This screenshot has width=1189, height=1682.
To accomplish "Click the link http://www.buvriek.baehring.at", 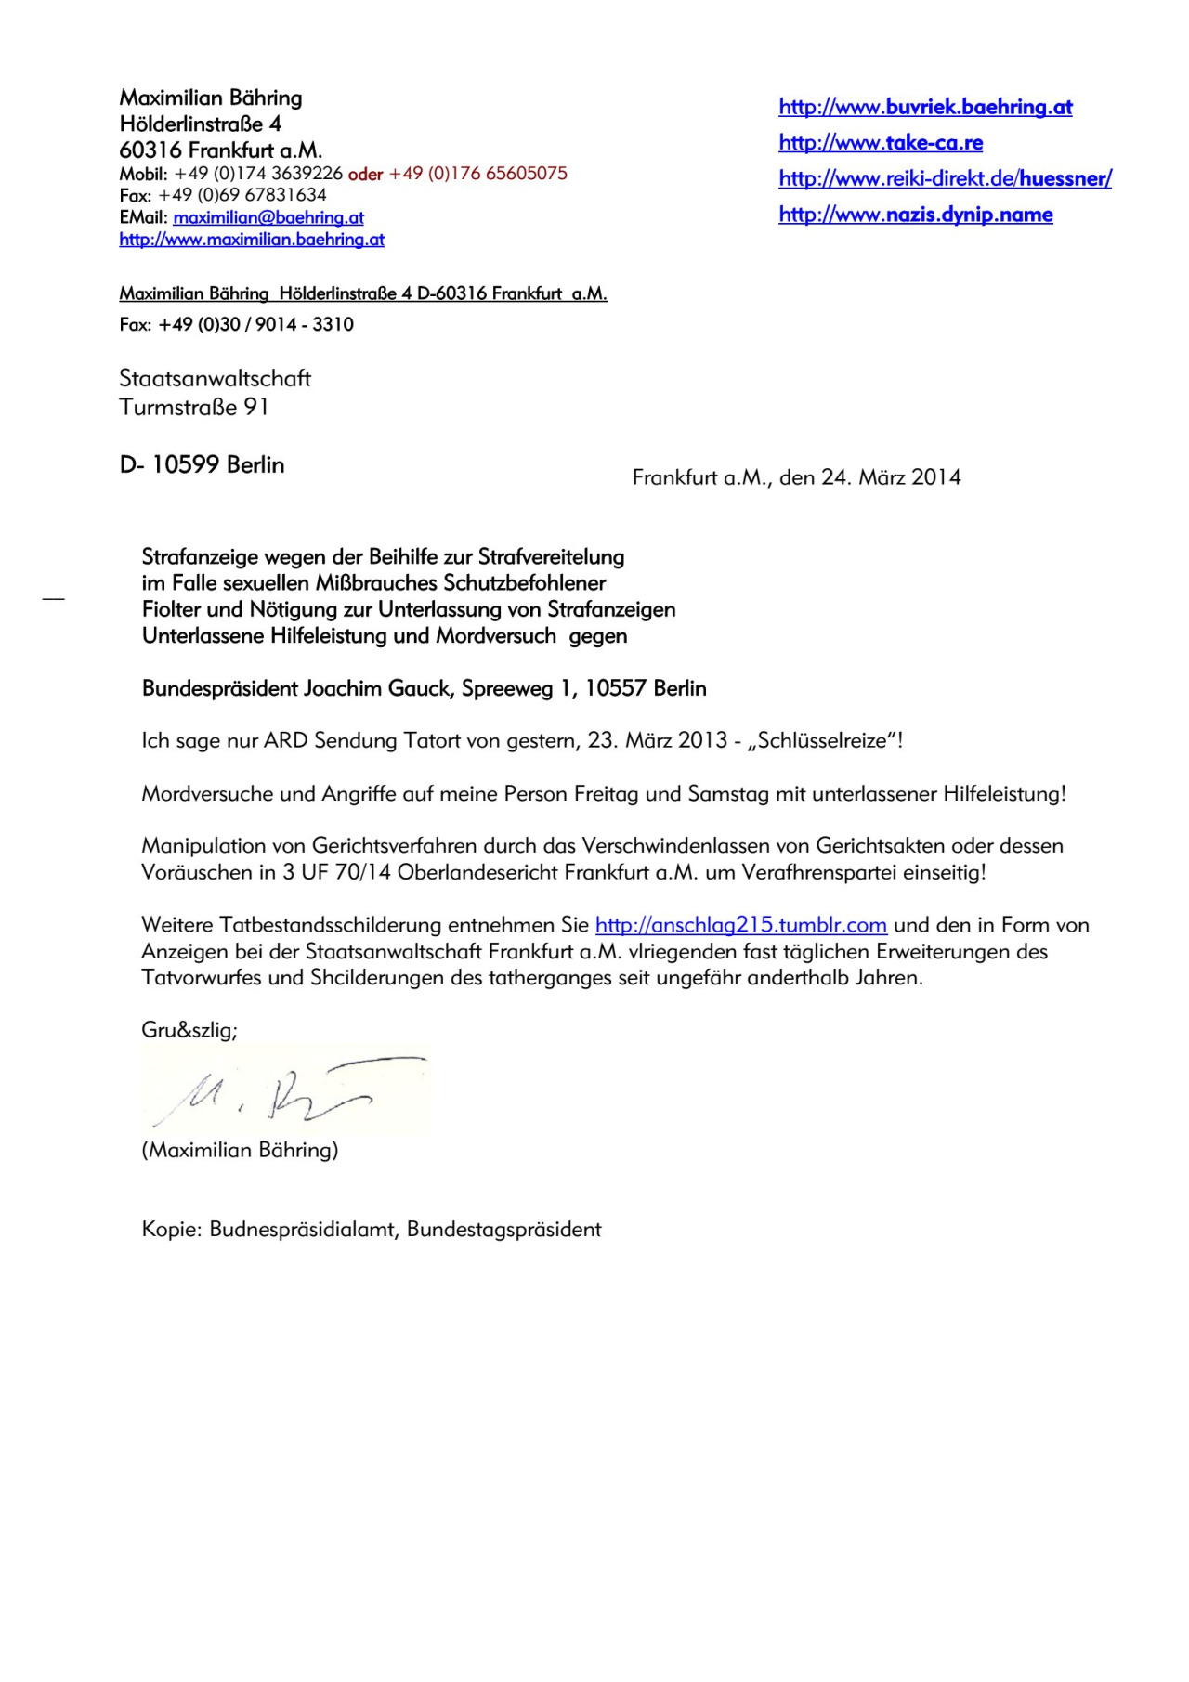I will tap(925, 107).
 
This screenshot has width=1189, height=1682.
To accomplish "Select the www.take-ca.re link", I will tap(881, 142).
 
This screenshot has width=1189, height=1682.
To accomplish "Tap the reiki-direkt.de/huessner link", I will tap(945, 178).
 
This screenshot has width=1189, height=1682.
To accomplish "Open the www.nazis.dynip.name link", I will tap(916, 215).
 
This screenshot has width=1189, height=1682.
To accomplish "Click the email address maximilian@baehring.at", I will tap(268, 217).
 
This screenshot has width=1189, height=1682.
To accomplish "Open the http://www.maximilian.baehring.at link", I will tap(252, 240).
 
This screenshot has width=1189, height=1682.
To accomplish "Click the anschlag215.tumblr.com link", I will tap(740, 925).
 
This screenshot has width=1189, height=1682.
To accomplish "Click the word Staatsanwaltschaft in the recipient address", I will tap(215, 378).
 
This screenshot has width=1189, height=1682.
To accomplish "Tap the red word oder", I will tap(365, 175).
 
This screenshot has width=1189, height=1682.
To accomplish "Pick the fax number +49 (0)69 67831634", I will tap(242, 195).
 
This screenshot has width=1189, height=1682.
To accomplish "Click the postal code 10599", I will tap(185, 464).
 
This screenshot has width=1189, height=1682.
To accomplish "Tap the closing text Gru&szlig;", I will tap(189, 1029).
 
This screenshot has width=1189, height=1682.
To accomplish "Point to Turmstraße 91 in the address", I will tap(193, 407).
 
